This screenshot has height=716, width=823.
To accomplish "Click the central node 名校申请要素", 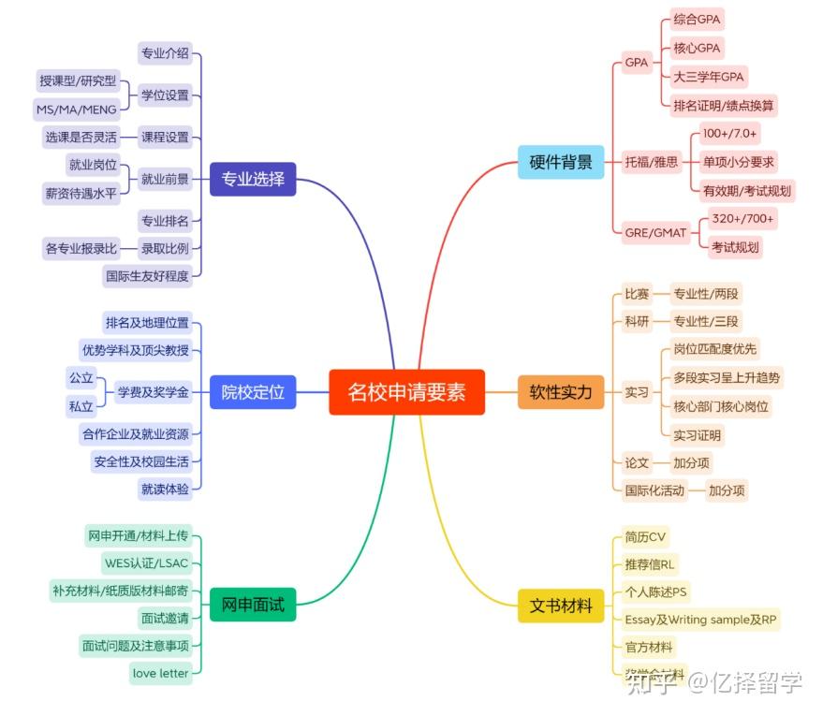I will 406,391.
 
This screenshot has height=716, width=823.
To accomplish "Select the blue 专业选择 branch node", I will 253,178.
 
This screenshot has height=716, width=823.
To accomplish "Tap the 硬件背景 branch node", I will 561,162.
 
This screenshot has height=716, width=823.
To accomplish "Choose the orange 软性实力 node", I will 561,391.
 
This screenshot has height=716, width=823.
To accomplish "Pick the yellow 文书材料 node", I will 561,606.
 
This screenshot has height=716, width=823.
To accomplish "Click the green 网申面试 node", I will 253,606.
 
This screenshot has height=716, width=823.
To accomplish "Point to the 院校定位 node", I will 253,391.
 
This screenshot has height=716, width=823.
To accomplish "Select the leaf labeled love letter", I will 161,673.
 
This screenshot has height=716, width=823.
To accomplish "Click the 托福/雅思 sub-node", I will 652,162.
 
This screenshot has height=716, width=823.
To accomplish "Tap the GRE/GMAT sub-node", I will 655,232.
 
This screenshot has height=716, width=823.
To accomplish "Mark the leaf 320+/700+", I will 742,218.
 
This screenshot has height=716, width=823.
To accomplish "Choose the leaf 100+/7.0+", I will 730,134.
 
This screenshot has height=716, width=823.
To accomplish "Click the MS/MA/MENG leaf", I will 77,110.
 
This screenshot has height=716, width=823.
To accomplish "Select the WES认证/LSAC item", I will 146,563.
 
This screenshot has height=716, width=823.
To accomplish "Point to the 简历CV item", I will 645,537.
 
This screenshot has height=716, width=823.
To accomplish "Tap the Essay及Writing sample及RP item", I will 700,619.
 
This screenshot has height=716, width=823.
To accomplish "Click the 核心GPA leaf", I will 698,48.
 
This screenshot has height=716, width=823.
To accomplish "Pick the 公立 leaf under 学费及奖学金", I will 81,378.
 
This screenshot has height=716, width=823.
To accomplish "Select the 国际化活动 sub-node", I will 655,490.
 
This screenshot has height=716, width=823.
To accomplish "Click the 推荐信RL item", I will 649,564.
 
